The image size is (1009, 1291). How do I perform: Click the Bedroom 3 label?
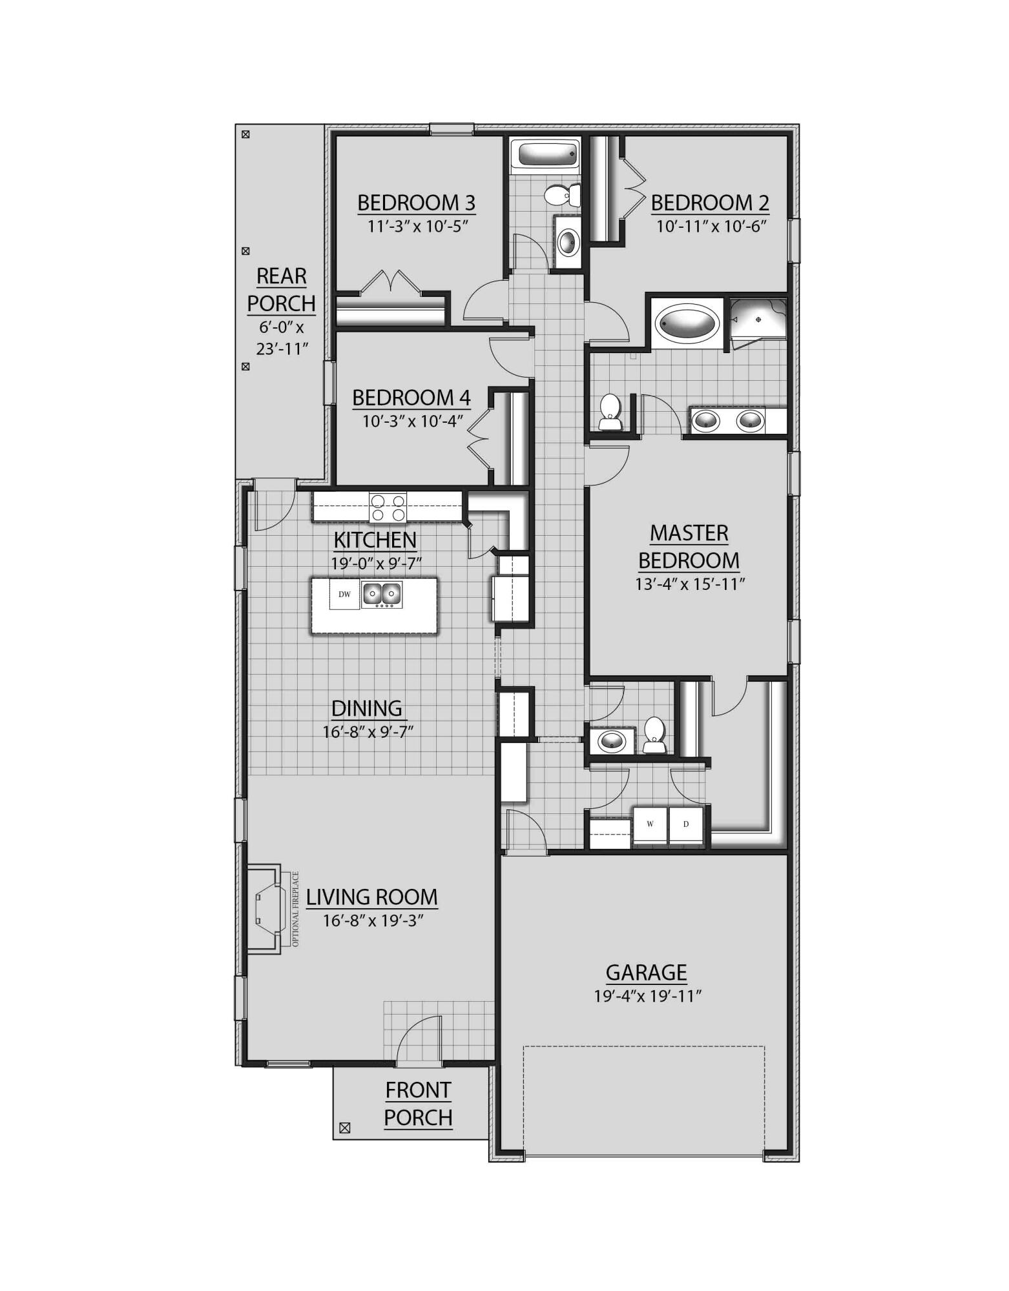click(x=416, y=203)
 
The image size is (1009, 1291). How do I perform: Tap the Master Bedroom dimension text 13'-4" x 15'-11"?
click(x=689, y=584)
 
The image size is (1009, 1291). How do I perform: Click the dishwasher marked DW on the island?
click(x=344, y=594)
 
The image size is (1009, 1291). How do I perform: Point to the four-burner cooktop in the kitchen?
click(x=388, y=507)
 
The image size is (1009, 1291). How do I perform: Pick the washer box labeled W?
click(x=650, y=824)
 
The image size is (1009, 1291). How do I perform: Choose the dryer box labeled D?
click(x=686, y=824)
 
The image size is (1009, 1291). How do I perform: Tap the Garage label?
click(x=646, y=972)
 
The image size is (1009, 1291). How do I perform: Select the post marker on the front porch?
click(x=344, y=1128)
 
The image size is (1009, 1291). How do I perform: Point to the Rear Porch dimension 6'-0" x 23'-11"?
click(x=282, y=338)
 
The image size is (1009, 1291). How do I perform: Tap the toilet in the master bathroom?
click(x=609, y=412)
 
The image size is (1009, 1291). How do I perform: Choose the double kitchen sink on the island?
click(x=382, y=594)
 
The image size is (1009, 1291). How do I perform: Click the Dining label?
click(x=366, y=708)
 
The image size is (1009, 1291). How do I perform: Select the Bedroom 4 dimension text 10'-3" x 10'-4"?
click(x=412, y=422)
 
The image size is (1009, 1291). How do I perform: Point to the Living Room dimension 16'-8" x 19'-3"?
click(x=372, y=920)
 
